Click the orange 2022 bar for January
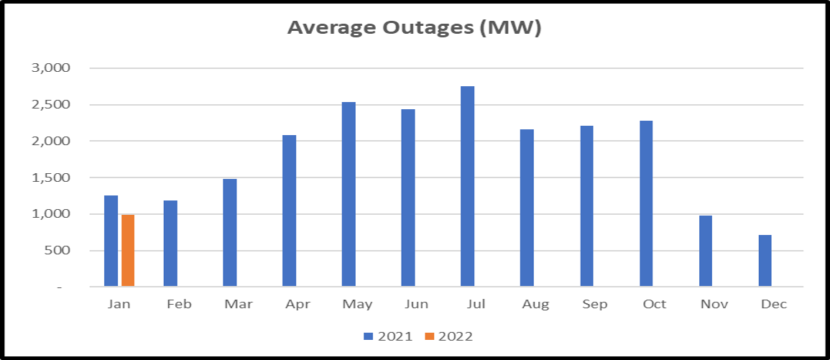(x=128, y=250)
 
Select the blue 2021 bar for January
(x=111, y=241)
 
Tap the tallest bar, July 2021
(x=467, y=186)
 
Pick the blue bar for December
(x=765, y=260)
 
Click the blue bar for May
(x=349, y=194)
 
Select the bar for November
(x=706, y=251)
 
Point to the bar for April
(x=289, y=211)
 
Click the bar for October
(x=646, y=204)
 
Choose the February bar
(x=170, y=244)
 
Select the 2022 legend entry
(x=448, y=336)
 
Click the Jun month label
(x=408, y=305)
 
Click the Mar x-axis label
(x=230, y=305)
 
